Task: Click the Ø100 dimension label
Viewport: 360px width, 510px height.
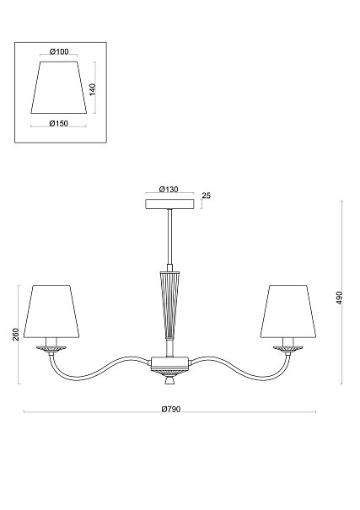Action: point(59,51)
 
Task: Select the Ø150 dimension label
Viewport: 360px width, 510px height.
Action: point(59,124)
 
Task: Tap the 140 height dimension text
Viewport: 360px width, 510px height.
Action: point(93,89)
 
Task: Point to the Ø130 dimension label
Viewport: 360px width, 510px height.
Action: point(169,190)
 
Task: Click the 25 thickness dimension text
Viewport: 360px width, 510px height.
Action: point(207,196)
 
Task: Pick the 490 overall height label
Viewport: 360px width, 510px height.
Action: point(339,298)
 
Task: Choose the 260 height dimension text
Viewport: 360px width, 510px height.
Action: point(16,335)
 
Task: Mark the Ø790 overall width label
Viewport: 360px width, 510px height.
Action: point(171,409)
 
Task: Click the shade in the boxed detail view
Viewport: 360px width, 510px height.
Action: point(59,88)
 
